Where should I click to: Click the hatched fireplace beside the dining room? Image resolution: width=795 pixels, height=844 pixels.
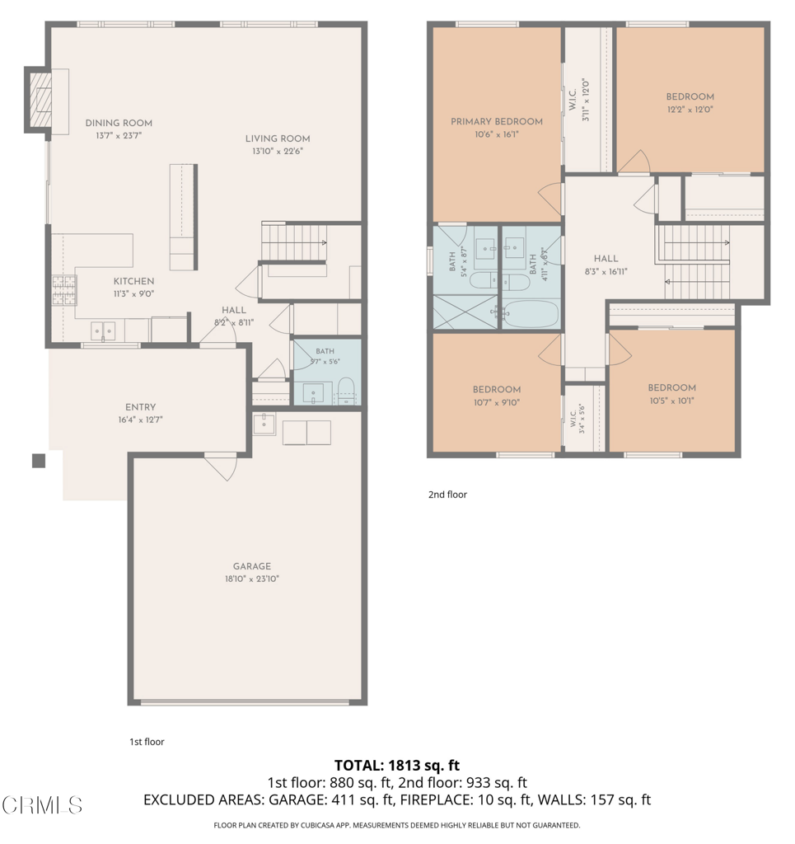click(40, 100)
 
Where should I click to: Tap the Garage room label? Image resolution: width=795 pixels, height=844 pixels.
click(252, 566)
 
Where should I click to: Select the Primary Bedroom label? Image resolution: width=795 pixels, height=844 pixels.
click(497, 122)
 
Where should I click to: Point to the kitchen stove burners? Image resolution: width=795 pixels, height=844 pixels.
click(64, 290)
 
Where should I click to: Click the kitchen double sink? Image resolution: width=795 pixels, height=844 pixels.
click(103, 331)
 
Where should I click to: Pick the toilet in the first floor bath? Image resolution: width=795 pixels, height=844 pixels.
click(346, 390)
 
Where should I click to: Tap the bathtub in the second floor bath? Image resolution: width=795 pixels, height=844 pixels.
click(532, 314)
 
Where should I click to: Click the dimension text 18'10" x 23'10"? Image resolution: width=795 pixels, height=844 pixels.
click(252, 579)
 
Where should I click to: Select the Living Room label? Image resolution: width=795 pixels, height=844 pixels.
click(278, 138)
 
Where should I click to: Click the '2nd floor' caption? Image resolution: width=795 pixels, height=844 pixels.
click(447, 495)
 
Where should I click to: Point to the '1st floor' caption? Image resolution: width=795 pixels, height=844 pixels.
click(147, 742)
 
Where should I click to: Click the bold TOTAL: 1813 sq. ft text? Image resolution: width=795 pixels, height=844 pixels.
click(397, 766)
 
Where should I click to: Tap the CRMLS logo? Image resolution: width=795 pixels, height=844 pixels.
click(42, 805)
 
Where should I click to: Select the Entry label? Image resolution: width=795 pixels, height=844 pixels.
click(140, 407)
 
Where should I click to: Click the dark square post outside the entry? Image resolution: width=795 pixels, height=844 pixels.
click(39, 462)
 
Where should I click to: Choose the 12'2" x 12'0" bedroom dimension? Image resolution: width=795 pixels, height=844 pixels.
click(690, 110)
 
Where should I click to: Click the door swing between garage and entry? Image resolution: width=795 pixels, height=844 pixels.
click(222, 467)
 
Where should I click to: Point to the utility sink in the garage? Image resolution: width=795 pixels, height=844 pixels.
click(264, 424)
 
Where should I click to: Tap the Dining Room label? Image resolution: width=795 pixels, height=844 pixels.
click(119, 124)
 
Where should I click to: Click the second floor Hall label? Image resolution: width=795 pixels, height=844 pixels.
click(606, 259)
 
